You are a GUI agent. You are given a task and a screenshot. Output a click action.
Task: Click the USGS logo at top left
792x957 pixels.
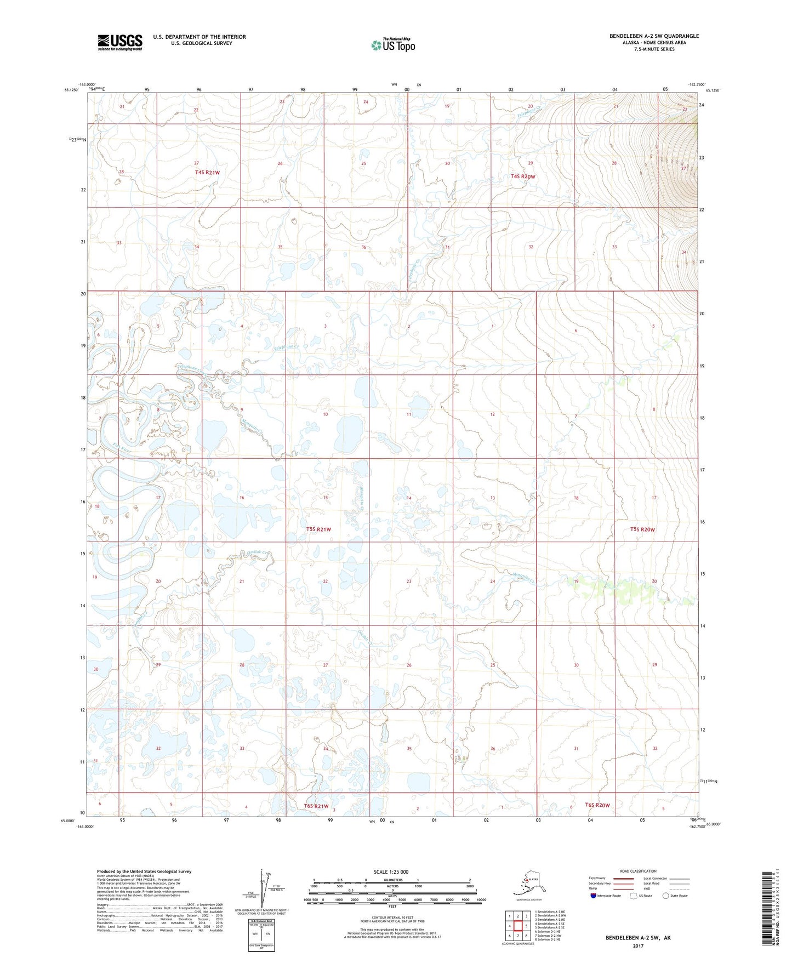tap(119, 42)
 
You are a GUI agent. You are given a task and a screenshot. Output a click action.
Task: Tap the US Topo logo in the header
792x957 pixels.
tap(393, 45)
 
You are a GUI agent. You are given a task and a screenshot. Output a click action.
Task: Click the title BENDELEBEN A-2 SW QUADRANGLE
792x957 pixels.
tap(654, 36)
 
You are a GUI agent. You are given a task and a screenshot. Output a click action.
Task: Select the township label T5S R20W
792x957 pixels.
tap(642, 529)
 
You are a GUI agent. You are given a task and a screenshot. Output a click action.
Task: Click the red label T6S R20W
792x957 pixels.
tap(597, 805)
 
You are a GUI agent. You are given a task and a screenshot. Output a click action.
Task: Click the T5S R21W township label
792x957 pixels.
tap(319, 529)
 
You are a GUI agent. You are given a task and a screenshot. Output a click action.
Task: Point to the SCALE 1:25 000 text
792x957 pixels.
tap(391, 871)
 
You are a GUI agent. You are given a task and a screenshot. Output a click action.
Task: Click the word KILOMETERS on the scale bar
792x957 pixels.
tap(391, 880)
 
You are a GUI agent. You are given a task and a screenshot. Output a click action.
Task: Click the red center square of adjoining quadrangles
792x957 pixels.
tap(517, 926)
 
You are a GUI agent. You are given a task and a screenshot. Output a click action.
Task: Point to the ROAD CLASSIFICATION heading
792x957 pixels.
tap(638, 871)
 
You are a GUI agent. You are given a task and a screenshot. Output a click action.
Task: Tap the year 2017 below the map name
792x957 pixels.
tap(638, 945)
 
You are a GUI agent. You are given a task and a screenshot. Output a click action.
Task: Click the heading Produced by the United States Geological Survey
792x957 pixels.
tap(144, 871)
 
